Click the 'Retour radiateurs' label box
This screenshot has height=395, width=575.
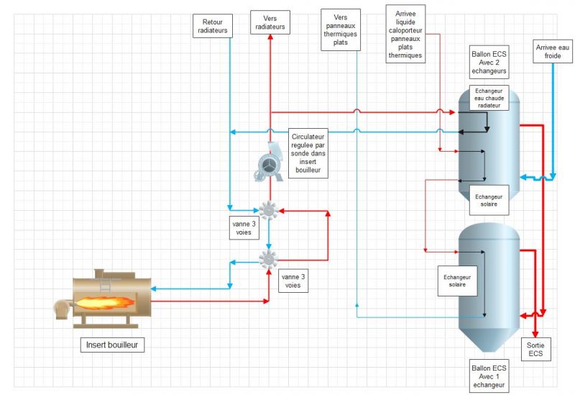click(213, 26)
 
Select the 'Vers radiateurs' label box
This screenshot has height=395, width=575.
click(270, 22)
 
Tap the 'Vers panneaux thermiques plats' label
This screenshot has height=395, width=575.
click(341, 29)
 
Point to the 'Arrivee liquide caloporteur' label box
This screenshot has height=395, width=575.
click(405, 34)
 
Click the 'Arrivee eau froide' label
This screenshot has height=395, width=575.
click(553, 51)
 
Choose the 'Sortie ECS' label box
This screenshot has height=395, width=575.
click(535, 349)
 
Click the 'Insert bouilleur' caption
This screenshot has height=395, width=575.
click(112, 345)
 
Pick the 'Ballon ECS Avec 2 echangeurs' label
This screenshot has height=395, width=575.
click(489, 63)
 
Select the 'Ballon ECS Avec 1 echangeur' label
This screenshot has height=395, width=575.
click(489, 376)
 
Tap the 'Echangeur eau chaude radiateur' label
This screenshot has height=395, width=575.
click(489, 98)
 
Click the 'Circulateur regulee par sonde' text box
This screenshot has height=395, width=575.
click(308, 153)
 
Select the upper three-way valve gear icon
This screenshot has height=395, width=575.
click(268, 210)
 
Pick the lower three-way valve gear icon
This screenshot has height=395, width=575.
click(268, 259)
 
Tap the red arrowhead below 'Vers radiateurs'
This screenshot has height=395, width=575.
click(270, 37)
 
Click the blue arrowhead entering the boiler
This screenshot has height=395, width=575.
click(154, 289)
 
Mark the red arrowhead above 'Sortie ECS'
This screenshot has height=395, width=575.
click(535, 335)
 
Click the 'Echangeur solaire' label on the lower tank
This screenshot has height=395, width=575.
click(457, 281)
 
